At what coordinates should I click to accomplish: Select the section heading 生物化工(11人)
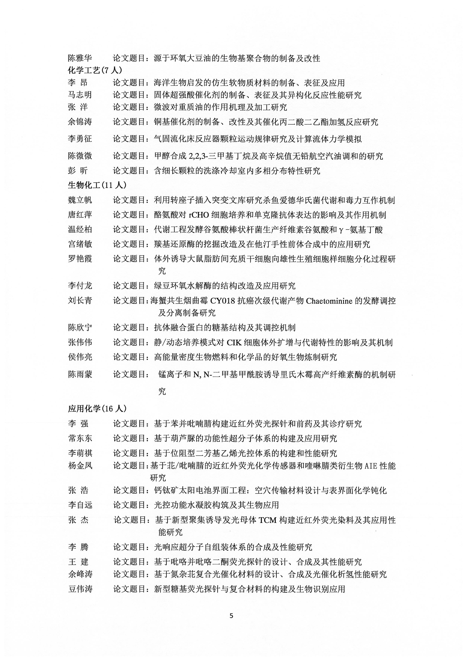click(x=97, y=185)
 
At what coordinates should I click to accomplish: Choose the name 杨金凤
click(x=80, y=466)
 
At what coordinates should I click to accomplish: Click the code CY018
click(x=223, y=301)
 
